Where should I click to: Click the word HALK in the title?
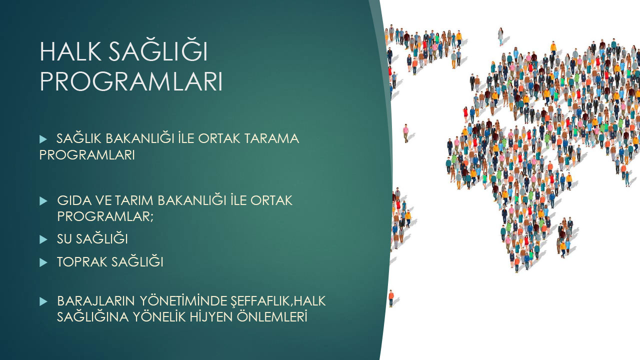point(70,51)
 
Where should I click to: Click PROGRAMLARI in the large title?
point(131,81)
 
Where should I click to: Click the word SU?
point(64,239)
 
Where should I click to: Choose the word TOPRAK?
point(81,262)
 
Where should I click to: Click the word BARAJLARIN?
point(95,301)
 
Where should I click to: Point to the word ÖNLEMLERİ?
point(272,316)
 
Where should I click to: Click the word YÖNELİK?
point(159,316)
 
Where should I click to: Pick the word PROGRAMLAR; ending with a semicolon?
point(105,216)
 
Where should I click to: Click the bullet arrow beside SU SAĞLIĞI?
point(43,239)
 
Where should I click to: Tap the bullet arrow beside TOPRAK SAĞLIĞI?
point(43,262)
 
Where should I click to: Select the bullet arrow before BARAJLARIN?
point(43,301)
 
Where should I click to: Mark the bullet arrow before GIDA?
point(43,201)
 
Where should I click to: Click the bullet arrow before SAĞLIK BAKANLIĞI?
point(43,139)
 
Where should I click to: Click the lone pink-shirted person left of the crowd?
point(405,133)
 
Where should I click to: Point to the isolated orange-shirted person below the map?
point(391,298)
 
